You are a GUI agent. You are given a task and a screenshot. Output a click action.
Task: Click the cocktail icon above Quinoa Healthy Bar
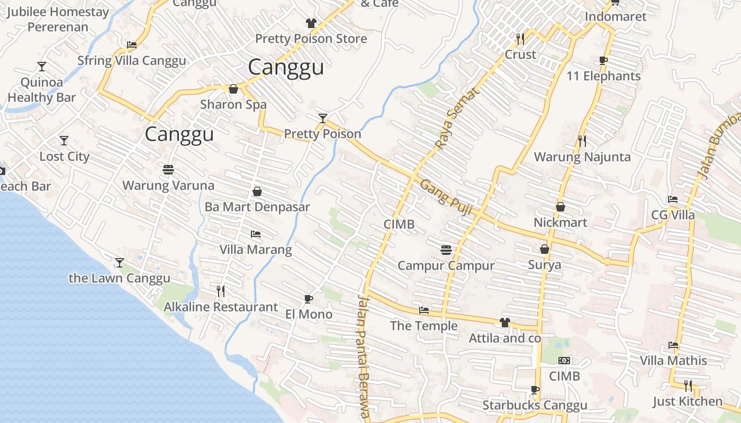42,67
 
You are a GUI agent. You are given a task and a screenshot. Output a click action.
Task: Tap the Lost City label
65,157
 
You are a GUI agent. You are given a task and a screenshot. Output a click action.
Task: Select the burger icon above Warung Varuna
168,170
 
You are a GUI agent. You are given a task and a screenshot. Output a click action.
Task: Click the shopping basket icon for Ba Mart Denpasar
257,191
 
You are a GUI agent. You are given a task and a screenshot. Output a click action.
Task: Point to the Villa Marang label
256,250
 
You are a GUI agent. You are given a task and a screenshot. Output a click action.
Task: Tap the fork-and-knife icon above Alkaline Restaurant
221,291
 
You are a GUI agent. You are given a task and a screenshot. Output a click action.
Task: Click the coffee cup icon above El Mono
309,299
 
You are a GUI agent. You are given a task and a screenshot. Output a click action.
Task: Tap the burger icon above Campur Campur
446,250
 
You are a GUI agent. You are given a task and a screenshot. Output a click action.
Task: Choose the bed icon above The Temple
423,310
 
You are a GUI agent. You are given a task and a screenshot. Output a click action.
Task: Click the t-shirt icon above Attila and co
504,322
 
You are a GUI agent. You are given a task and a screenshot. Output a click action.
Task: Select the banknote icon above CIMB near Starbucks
564,361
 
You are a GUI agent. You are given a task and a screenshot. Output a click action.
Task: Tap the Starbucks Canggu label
535,406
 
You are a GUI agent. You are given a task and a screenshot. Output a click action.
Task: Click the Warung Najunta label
582,157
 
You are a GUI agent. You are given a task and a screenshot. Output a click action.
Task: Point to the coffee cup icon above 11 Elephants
603,60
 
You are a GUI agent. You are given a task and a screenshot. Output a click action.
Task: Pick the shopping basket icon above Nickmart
561,207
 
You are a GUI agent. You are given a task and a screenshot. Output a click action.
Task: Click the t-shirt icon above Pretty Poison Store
311,23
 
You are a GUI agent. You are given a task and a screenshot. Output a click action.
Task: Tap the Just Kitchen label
687,401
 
